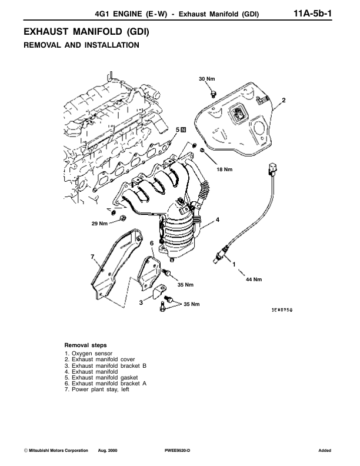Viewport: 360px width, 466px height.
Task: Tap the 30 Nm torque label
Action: tap(206, 79)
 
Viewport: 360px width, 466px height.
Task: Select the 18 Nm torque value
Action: tap(225, 169)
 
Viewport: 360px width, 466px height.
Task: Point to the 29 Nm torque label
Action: tap(99, 223)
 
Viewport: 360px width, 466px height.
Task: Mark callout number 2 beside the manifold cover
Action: tap(283, 100)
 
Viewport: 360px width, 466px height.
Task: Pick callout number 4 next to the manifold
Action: tap(217, 219)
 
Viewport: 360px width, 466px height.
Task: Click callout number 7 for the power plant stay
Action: tap(92, 255)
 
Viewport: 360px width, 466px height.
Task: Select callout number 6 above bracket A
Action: tap(151, 242)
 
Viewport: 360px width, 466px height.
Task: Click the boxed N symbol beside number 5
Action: tap(183, 129)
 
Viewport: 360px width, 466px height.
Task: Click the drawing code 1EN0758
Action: tap(282, 309)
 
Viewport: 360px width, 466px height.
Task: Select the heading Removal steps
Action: tap(85, 345)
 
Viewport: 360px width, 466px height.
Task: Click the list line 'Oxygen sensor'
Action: tap(88, 353)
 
